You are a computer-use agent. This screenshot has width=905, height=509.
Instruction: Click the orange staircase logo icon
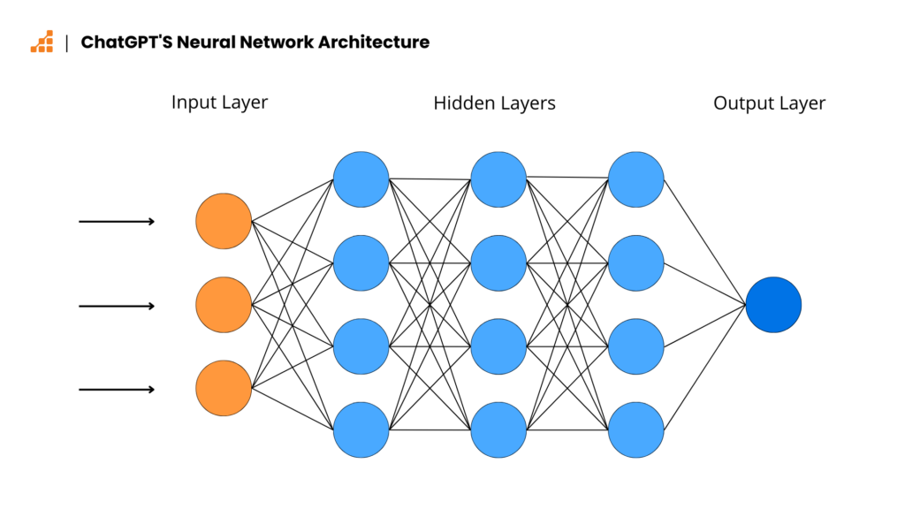point(42,42)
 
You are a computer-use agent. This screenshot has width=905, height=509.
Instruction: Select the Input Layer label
point(219,102)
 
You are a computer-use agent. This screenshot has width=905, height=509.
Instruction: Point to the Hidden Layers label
point(494,103)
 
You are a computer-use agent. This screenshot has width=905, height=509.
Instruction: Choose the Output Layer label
point(769,103)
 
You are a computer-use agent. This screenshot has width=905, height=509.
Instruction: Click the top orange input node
point(224,221)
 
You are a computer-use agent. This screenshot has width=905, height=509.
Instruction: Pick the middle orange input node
point(224,305)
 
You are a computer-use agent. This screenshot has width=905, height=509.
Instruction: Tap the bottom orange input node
point(224,389)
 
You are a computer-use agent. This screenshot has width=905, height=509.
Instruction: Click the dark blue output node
point(773,305)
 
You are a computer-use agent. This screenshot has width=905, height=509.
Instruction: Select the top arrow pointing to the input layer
point(117,221)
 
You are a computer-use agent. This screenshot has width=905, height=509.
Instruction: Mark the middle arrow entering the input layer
point(117,306)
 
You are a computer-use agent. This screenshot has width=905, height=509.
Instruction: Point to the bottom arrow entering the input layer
point(117,390)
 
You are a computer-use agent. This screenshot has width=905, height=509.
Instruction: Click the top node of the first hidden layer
point(361,179)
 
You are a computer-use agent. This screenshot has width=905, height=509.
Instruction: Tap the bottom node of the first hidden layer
point(361,430)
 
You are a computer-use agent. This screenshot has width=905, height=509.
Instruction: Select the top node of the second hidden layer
point(498,179)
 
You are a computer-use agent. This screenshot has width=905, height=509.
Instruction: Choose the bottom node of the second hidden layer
point(498,430)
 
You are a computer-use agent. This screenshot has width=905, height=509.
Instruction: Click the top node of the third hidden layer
point(636,179)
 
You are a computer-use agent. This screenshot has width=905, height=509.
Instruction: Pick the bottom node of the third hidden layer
point(636,430)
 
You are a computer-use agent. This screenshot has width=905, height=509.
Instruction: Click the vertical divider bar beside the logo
point(67,42)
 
